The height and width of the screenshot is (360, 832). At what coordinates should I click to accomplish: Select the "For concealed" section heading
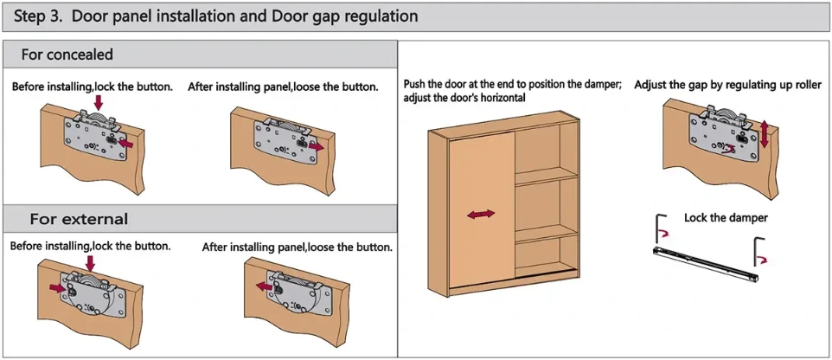click(67, 55)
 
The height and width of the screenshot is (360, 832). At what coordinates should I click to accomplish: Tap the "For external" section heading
click(79, 218)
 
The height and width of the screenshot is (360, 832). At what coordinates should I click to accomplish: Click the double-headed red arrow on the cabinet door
click(481, 214)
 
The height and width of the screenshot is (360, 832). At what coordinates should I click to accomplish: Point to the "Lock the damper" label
click(726, 217)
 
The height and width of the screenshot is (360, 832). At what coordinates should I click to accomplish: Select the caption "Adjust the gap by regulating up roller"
click(727, 85)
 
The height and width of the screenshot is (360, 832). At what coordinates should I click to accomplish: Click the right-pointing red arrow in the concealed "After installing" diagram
click(316, 148)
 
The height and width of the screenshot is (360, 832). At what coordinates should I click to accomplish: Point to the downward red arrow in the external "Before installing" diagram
click(90, 263)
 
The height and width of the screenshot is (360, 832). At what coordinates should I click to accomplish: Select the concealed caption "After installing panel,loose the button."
click(283, 87)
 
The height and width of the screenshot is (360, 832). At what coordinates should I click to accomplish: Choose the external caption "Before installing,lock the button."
click(90, 247)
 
